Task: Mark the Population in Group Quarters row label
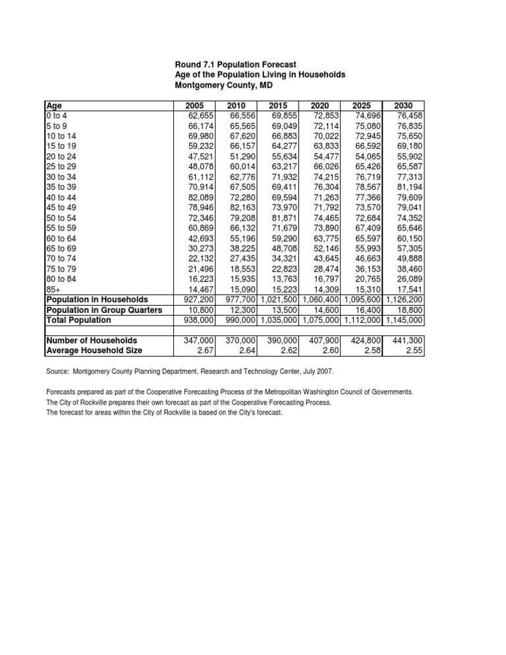[x=104, y=310]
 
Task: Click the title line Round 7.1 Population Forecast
[x=235, y=64]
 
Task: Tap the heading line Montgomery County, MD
[x=223, y=86]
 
